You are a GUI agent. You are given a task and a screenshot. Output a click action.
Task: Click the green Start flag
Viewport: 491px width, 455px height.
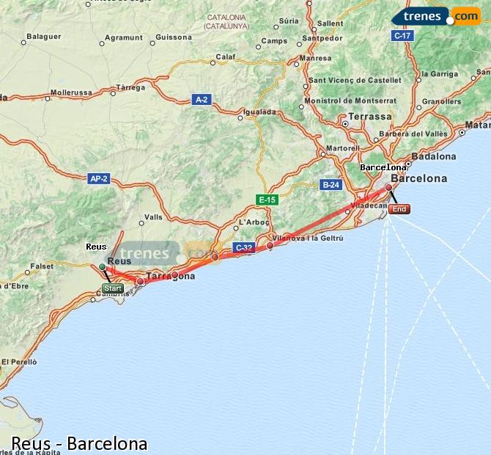click(112, 288)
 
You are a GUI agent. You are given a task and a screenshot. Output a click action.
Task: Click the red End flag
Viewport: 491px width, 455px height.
click(399, 209)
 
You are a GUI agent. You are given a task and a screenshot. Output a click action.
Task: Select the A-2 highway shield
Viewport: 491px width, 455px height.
click(202, 99)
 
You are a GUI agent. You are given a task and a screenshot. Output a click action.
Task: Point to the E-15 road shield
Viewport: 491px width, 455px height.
click(267, 200)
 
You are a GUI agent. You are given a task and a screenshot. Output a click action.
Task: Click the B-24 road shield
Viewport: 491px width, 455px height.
click(331, 185)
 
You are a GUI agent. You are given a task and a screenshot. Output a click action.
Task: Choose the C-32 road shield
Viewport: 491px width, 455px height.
click(243, 248)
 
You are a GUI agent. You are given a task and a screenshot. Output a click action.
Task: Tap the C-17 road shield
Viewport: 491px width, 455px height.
click(402, 35)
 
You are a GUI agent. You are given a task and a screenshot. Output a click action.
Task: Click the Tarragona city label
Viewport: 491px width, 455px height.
click(171, 277)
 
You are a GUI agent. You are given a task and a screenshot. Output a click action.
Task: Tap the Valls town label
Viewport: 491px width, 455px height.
click(154, 217)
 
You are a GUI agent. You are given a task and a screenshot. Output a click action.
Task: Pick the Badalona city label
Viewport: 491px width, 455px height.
click(434, 156)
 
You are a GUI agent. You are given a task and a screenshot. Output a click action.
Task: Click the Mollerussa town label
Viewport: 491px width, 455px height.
click(71, 93)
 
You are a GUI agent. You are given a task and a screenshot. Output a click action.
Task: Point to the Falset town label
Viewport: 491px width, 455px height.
click(41, 266)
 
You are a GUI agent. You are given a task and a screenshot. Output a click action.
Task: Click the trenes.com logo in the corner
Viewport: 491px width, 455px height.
click(435, 15)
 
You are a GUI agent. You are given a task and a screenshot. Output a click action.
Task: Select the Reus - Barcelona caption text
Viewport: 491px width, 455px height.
click(79, 444)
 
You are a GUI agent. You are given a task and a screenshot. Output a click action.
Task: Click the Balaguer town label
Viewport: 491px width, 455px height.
click(43, 36)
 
